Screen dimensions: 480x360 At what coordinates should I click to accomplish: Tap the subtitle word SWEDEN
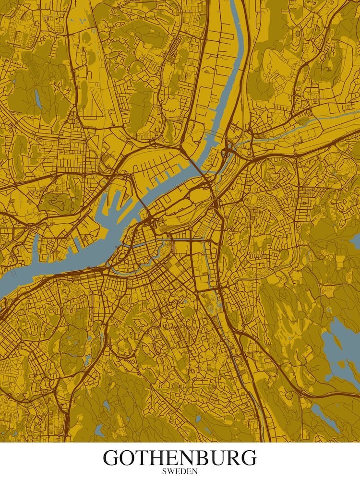pos(180,471)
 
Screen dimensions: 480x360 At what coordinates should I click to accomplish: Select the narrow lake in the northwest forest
pos(37,98)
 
